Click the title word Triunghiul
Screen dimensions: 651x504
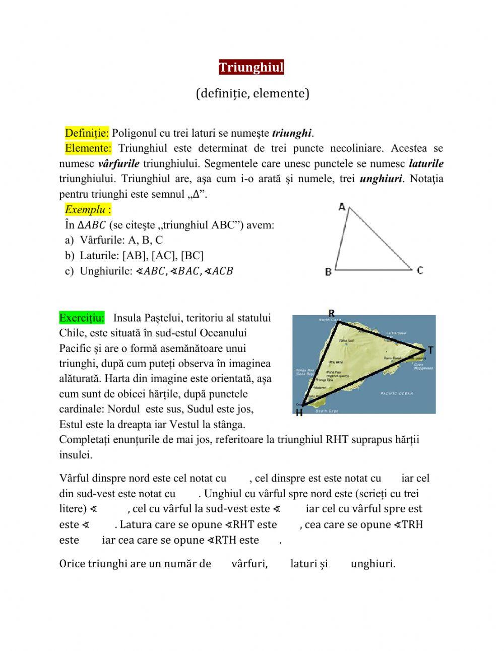251,67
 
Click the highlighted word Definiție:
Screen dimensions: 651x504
86,133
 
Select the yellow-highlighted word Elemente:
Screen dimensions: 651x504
88,148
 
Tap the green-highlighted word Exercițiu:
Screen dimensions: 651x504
82,318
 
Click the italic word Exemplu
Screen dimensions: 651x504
85,209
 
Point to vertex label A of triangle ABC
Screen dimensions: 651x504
342,207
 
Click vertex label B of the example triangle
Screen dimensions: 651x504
328,272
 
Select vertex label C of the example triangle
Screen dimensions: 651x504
420,270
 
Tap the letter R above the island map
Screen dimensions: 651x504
331,314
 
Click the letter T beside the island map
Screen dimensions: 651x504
430,350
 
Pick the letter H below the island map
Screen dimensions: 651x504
299,413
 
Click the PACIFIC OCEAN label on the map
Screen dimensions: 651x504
396,393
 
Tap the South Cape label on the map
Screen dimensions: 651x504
326,411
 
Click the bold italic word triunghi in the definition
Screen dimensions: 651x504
291,133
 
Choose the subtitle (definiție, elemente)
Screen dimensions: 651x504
252,93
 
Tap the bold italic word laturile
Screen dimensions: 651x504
426,163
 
